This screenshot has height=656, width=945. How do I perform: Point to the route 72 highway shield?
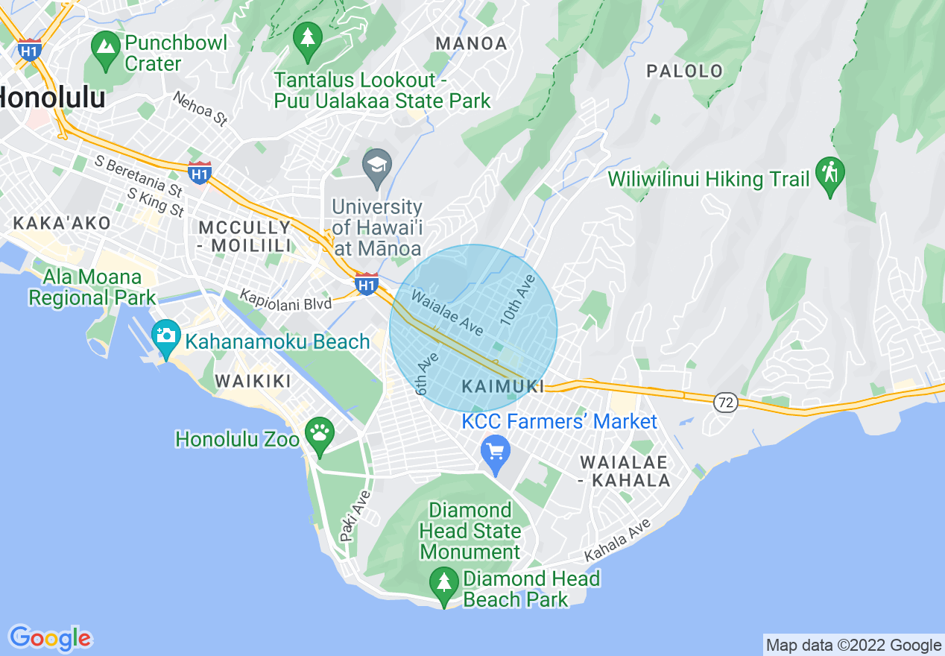725,403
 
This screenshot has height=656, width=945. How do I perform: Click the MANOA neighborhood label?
471,44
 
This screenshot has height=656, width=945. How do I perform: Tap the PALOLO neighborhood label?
684,72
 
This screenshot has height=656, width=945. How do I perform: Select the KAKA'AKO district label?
61,223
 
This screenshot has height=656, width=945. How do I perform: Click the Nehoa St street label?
199,108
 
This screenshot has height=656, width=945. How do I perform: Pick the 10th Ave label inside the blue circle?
518,300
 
